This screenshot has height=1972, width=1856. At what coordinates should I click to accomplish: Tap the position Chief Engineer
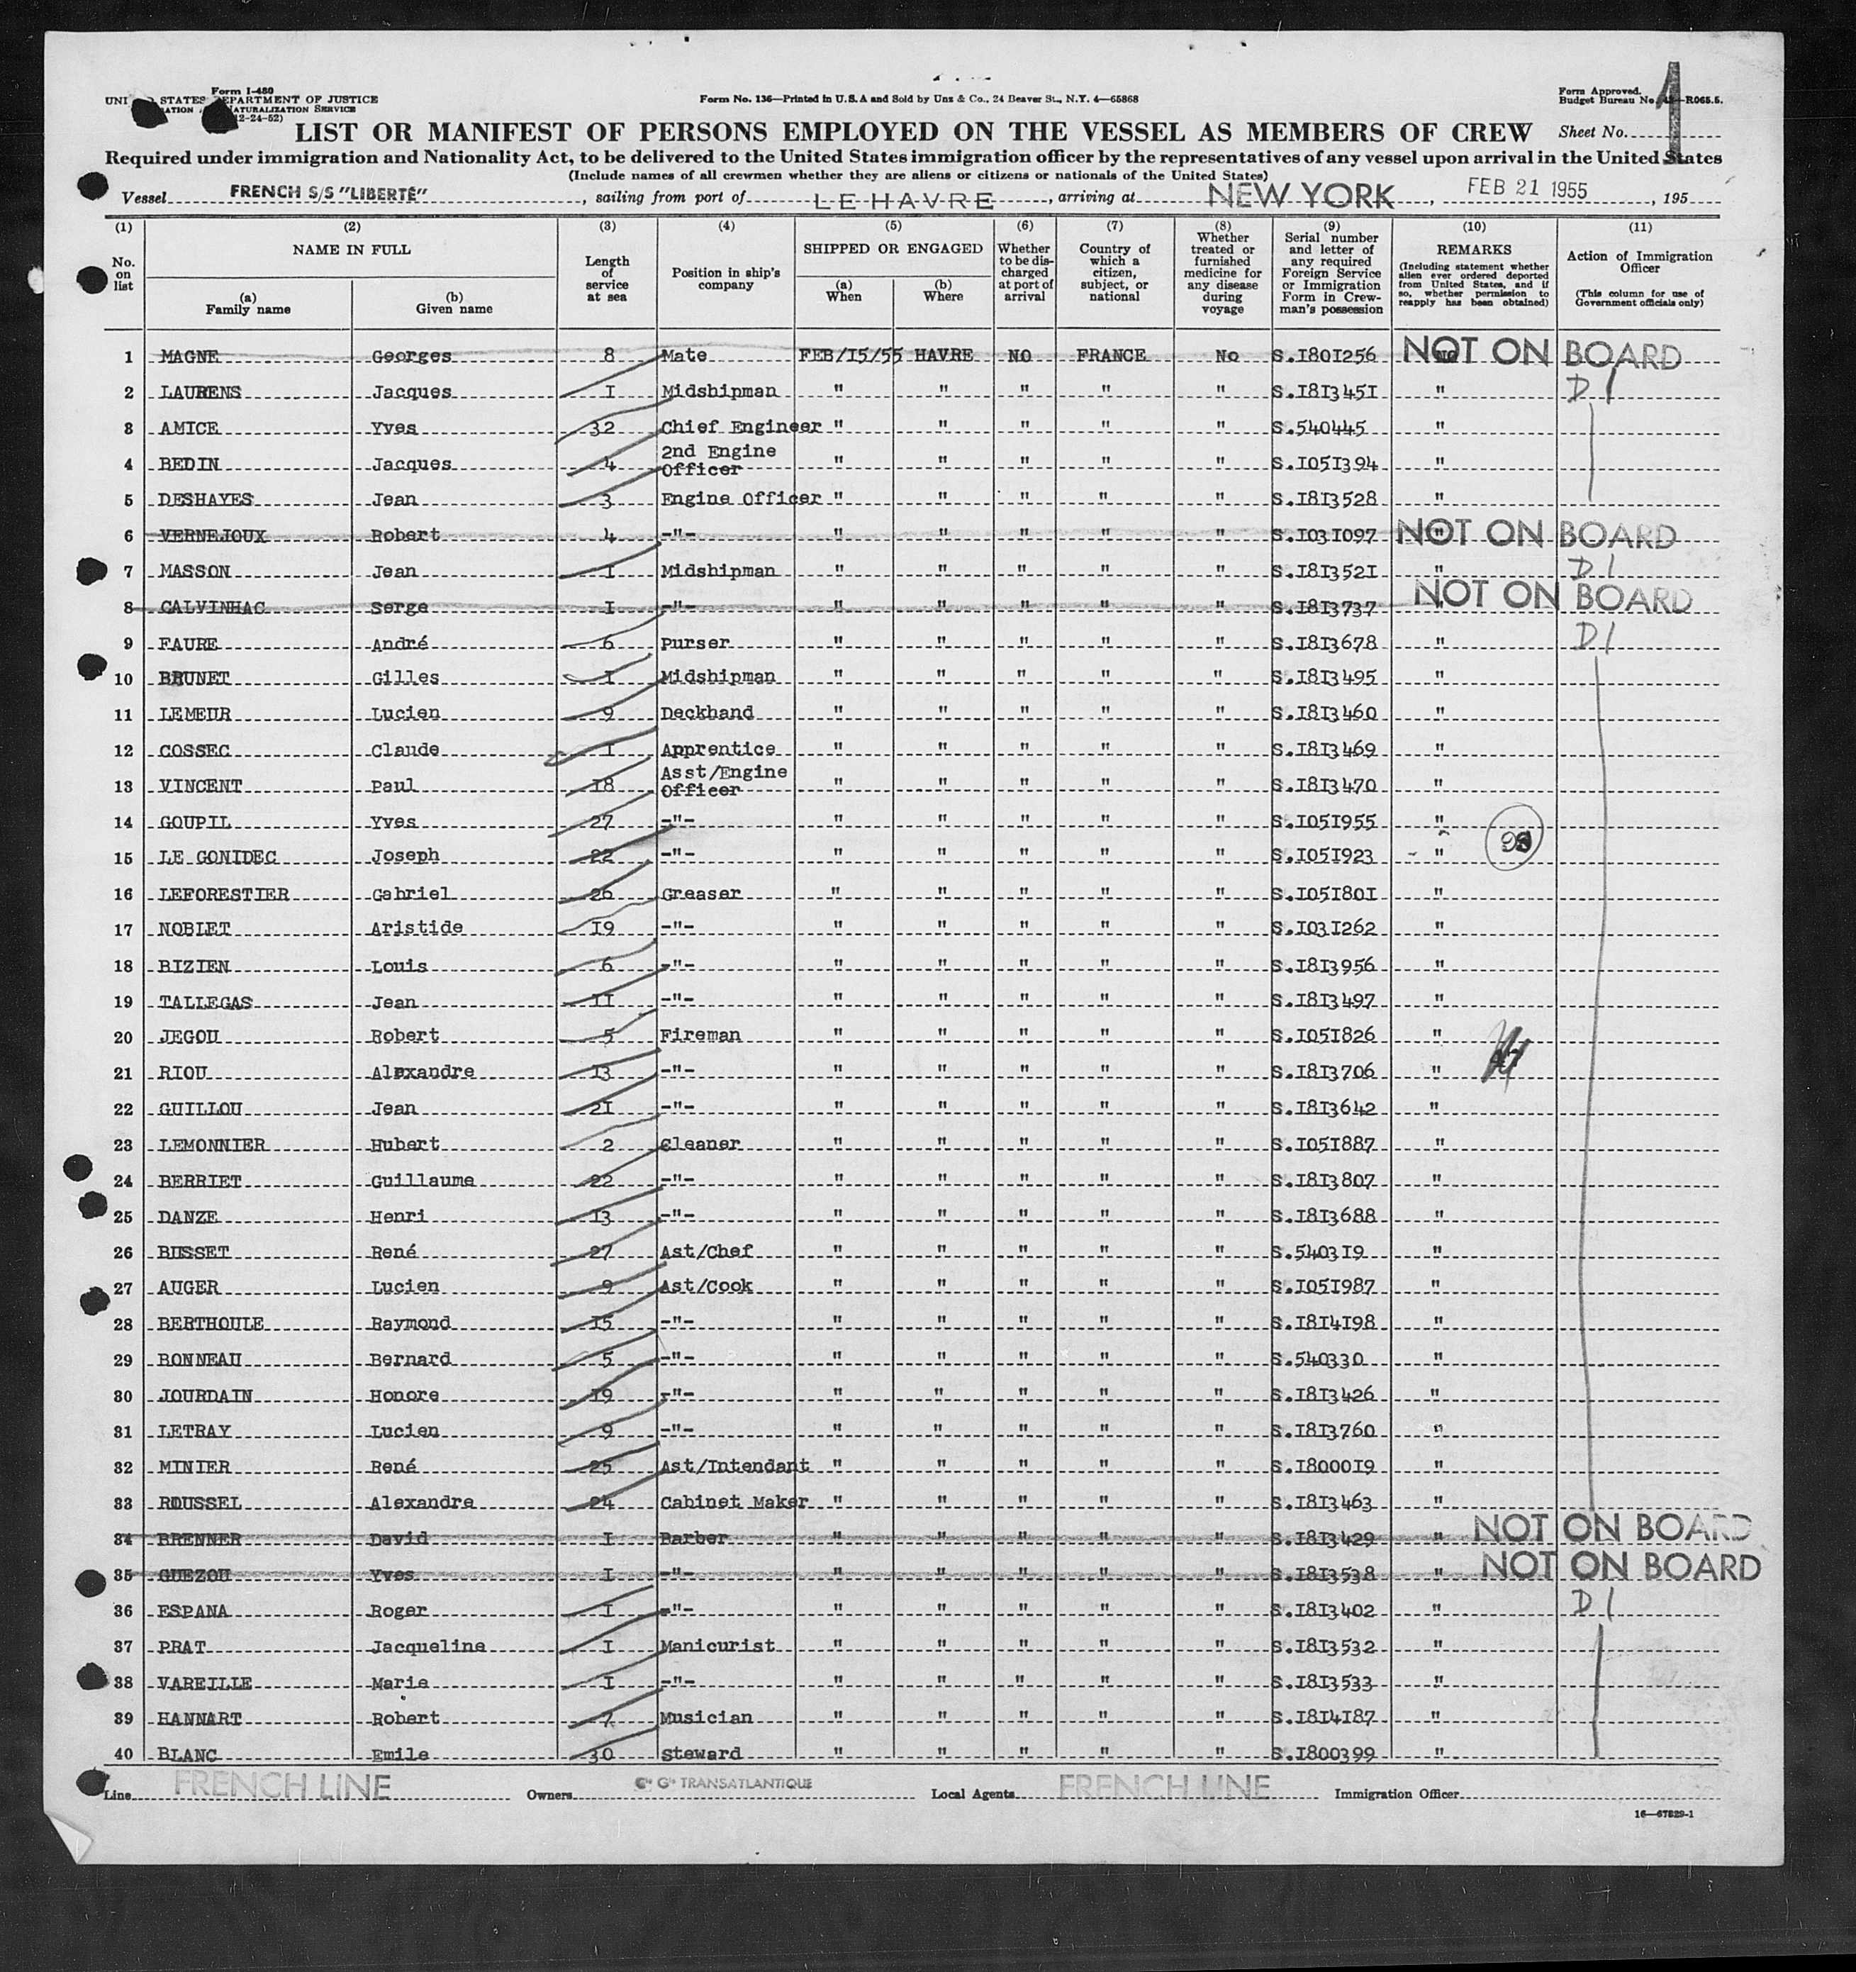(x=740, y=428)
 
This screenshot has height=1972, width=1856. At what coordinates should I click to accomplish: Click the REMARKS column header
(x=1473, y=250)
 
